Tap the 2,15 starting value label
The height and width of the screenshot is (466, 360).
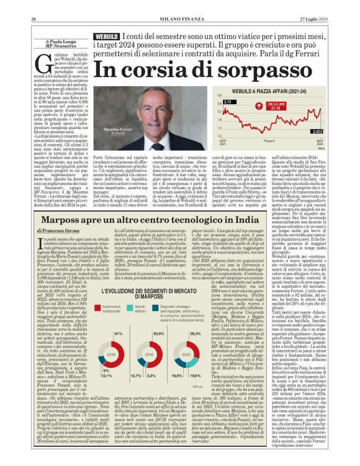pos(227,102)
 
